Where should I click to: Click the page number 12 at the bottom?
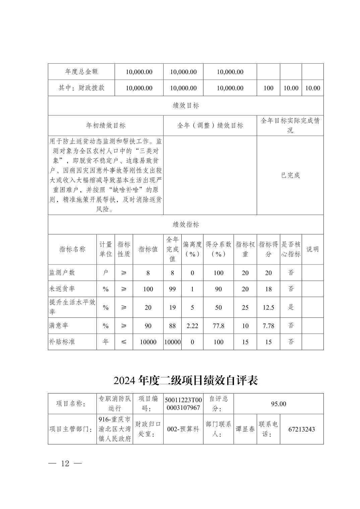click(x=65, y=463)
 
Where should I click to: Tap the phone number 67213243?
click(x=301, y=429)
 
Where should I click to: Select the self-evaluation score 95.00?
click(x=278, y=404)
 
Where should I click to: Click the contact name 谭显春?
click(x=245, y=429)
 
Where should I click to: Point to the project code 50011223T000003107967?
click(x=183, y=404)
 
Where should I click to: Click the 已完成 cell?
click(x=290, y=175)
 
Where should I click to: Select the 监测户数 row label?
click(x=62, y=273)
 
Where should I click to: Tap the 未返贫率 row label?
click(x=62, y=289)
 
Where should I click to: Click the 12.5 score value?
click(x=268, y=307)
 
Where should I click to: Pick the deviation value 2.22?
click(x=192, y=325)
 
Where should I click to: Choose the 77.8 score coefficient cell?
click(x=218, y=325)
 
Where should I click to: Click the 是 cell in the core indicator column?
click(x=291, y=307)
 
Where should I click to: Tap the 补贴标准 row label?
click(x=62, y=342)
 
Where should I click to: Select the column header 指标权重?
click(x=245, y=249)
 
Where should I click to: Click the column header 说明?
click(x=312, y=249)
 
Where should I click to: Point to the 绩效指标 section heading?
click(x=186, y=224)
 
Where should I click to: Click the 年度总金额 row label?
click(x=81, y=72)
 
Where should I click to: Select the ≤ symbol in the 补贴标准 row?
click(x=124, y=342)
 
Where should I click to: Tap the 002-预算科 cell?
click(x=183, y=429)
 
